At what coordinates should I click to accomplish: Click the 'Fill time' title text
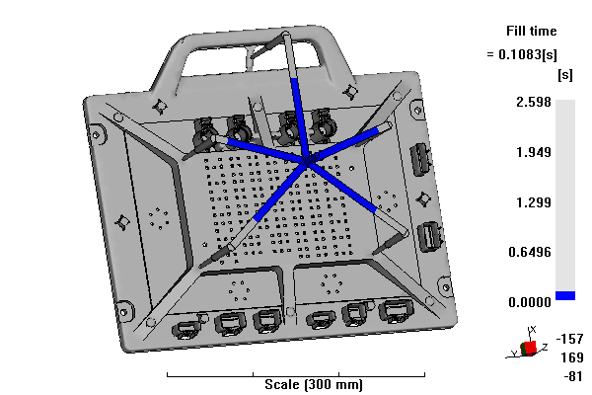531,31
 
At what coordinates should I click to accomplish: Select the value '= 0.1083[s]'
522,55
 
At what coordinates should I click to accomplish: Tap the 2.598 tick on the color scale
534,102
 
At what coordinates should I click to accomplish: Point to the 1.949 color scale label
534,152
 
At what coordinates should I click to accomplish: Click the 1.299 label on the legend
534,202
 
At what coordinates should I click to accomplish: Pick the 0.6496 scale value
530,252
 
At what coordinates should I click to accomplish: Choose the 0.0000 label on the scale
530,302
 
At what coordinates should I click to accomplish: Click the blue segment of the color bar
565,295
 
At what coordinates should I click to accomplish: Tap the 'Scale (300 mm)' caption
314,385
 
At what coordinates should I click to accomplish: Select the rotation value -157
569,339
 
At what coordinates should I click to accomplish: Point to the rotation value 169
572,357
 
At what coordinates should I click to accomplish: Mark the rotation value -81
573,376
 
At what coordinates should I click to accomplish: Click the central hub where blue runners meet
308,161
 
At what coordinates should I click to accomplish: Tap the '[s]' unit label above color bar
564,75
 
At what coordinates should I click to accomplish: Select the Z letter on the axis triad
545,347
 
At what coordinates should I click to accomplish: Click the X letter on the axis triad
533,330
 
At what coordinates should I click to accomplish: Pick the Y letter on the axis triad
514,354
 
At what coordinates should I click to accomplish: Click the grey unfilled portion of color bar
565,196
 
